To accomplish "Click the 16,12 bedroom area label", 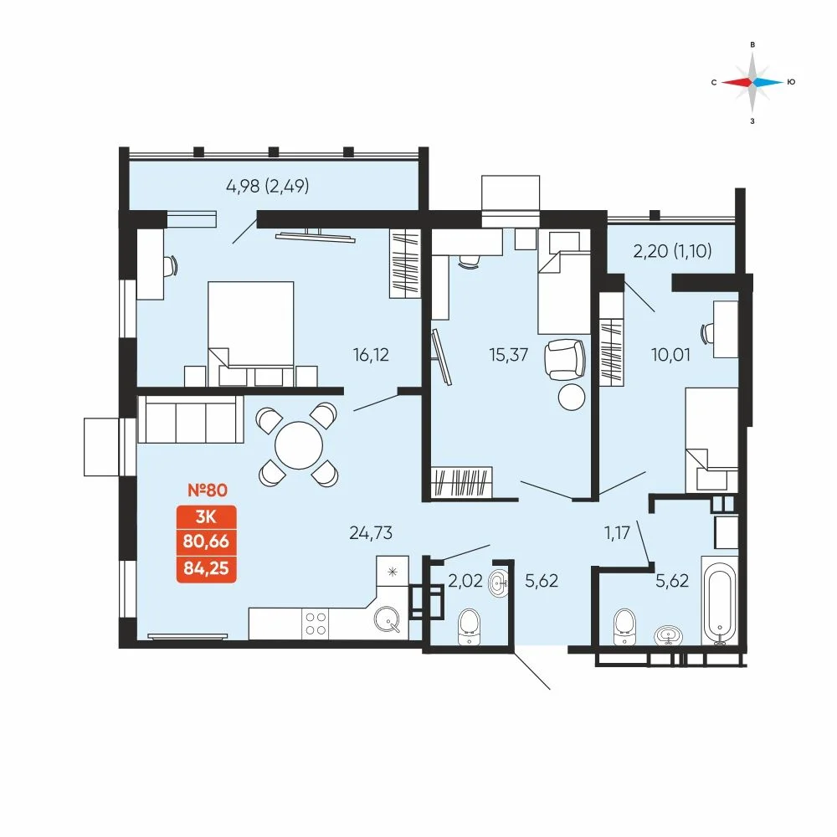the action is (371, 354).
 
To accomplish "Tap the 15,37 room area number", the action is (509, 354).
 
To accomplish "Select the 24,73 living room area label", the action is (371, 532).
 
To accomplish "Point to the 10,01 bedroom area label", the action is (671, 354).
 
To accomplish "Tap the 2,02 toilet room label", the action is (465, 580).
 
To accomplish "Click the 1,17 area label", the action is (618, 532).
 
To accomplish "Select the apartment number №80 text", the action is (208, 490).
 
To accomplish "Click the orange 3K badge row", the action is (207, 516).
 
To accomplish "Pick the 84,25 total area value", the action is (207, 568).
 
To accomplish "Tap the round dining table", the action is (299, 445).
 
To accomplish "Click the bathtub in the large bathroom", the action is (721, 601).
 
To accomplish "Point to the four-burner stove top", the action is (315, 624).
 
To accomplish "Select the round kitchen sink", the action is (387, 619).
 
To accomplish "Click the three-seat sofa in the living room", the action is (191, 419).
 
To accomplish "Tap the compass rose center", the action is (752, 82).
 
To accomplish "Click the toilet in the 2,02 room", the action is (470, 627).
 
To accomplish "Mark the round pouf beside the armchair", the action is (572, 397).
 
